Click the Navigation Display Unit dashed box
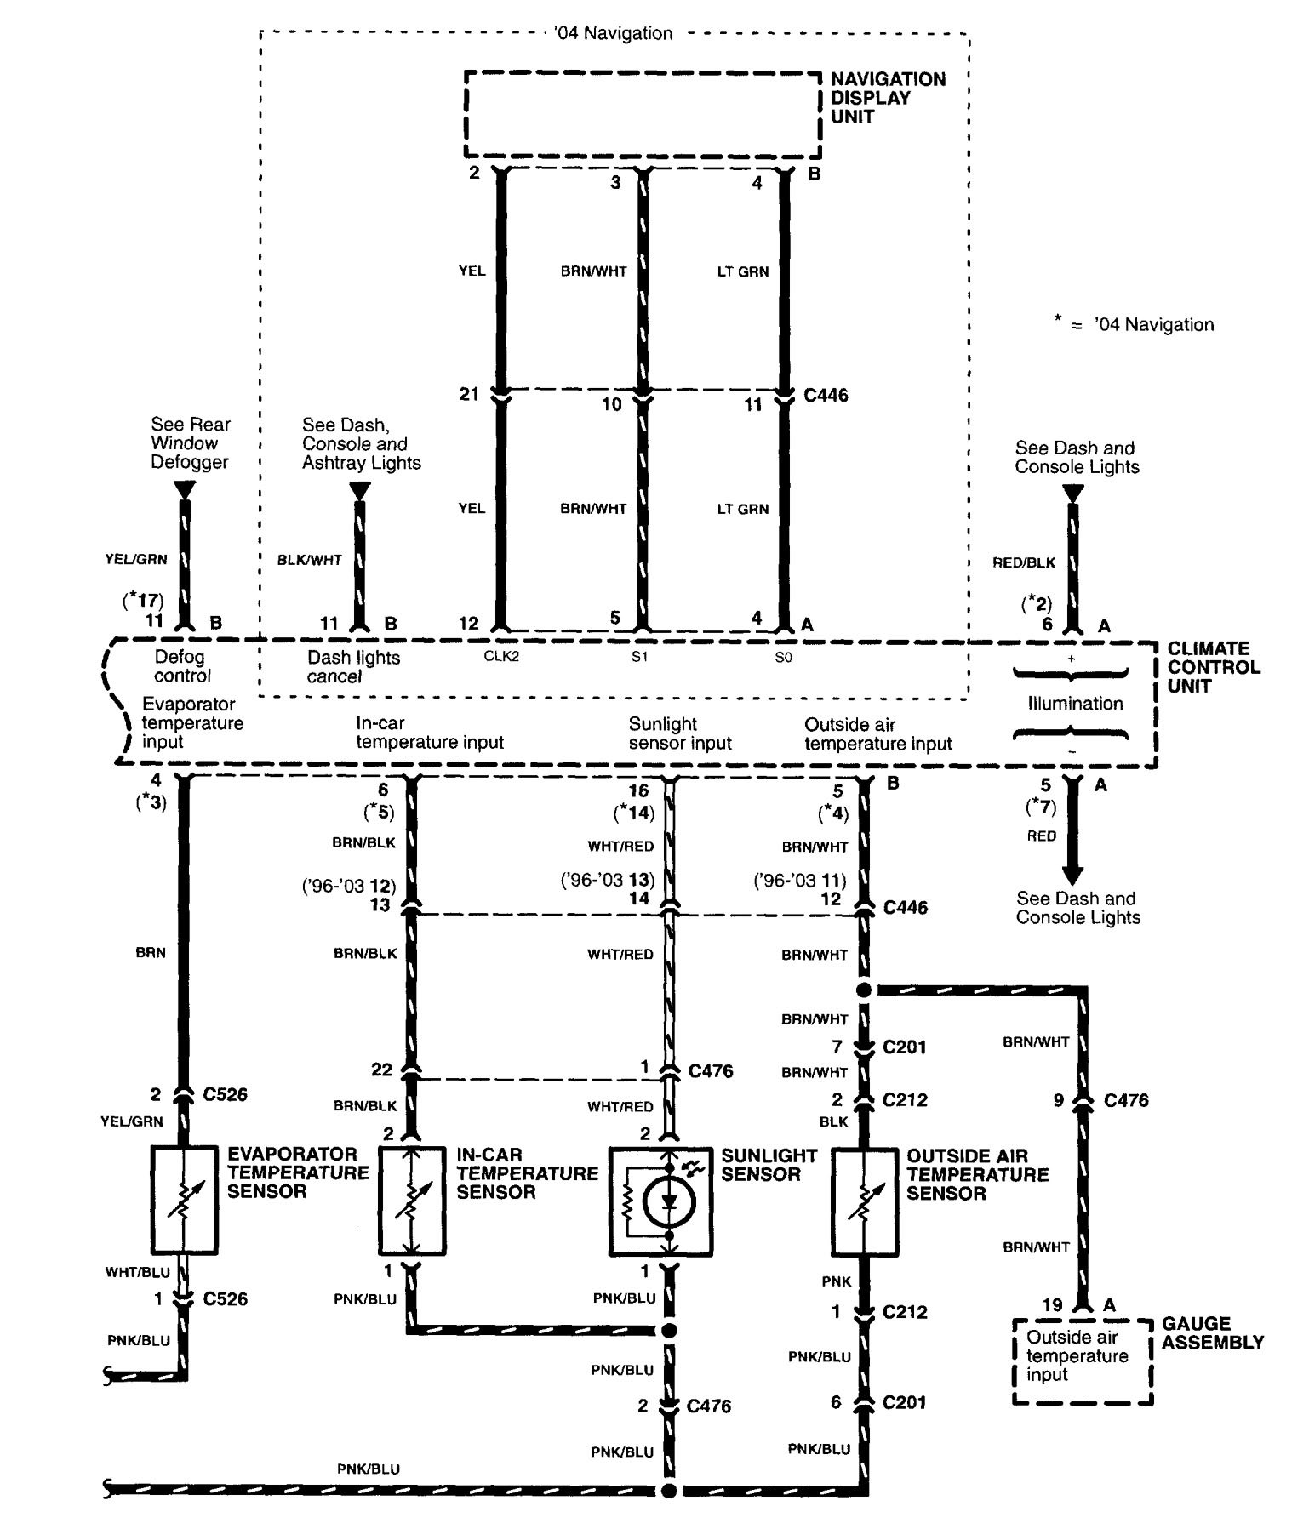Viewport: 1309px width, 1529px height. [x=643, y=114]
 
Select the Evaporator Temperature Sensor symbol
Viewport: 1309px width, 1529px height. [x=183, y=1201]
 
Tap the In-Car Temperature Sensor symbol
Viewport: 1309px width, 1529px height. [x=412, y=1201]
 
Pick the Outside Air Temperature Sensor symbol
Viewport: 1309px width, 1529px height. [x=864, y=1201]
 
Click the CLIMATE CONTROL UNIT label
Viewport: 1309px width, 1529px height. [x=1214, y=667]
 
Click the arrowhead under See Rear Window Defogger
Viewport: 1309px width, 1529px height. [x=185, y=490]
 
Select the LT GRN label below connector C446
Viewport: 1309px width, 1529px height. [x=742, y=509]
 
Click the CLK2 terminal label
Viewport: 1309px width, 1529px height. [x=501, y=657]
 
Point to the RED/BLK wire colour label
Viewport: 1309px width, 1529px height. [x=1024, y=562]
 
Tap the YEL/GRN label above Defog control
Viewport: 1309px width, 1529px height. [x=136, y=559]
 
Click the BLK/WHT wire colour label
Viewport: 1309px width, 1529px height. [x=310, y=560]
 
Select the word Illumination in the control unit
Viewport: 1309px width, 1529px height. [x=1075, y=703]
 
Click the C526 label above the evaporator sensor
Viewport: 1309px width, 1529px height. [x=225, y=1094]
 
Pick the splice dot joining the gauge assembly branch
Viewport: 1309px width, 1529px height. [x=864, y=990]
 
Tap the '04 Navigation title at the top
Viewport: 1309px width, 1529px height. [x=613, y=33]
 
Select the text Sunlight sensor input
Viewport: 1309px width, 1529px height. [x=680, y=733]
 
